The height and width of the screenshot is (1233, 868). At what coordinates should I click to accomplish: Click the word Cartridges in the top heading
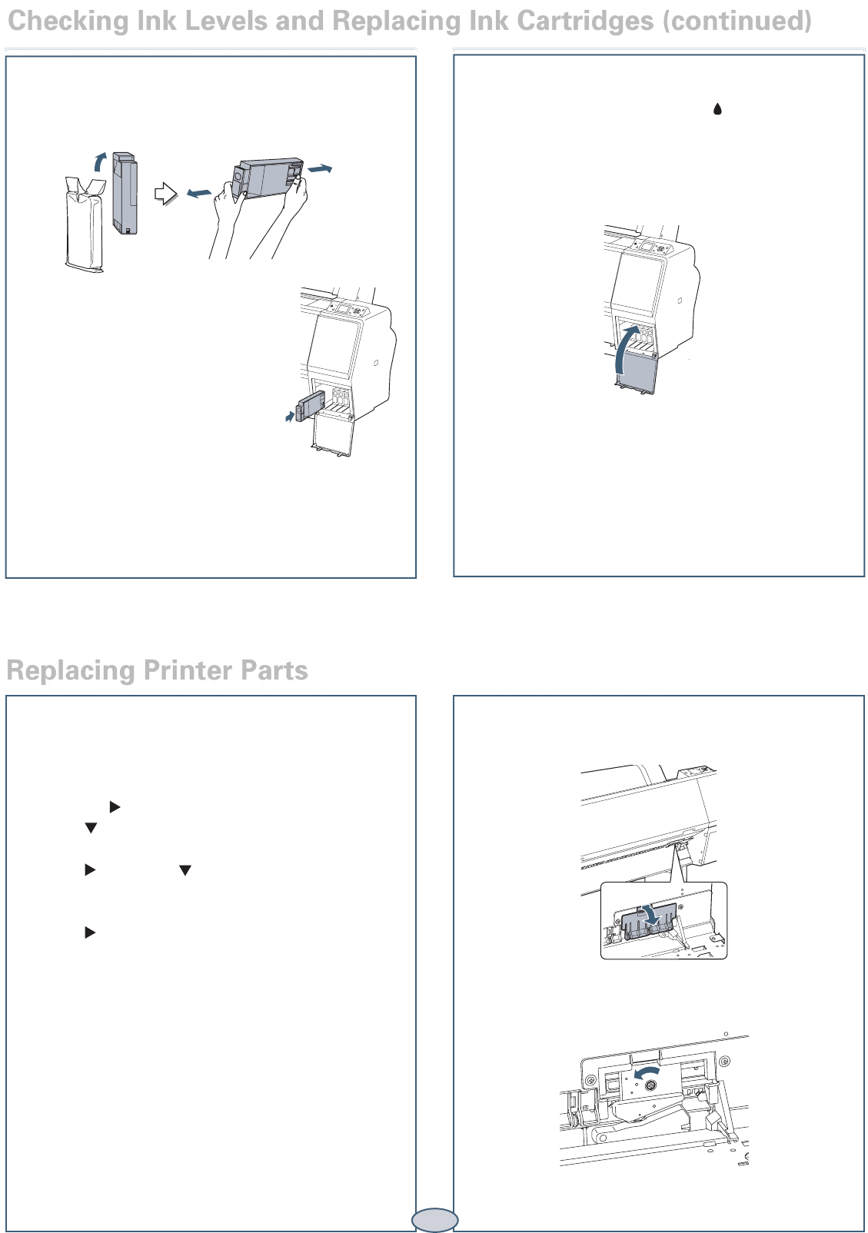[x=585, y=22]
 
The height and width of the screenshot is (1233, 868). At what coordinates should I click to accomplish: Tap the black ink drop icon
[x=717, y=109]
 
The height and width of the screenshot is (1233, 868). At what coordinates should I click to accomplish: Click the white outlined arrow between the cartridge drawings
[x=165, y=194]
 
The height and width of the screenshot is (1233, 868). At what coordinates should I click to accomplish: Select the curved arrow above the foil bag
[x=99, y=161]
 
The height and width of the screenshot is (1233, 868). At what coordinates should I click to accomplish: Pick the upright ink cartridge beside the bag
[x=125, y=193]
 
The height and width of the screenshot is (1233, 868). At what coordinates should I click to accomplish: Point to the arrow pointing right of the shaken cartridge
[x=321, y=169]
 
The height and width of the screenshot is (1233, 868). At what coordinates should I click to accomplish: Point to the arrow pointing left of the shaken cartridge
[x=198, y=193]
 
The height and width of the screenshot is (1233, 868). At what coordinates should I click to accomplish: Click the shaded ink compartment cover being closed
[x=637, y=373]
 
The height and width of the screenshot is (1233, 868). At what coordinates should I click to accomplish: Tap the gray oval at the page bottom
[x=435, y=1220]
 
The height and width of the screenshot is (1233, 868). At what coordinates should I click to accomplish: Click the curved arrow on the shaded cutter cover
[x=653, y=916]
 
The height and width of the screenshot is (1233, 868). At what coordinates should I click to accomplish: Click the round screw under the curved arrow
[x=650, y=1085]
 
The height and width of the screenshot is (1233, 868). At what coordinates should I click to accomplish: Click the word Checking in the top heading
[x=68, y=22]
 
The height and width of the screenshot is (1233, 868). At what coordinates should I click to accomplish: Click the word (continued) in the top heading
[x=737, y=22]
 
